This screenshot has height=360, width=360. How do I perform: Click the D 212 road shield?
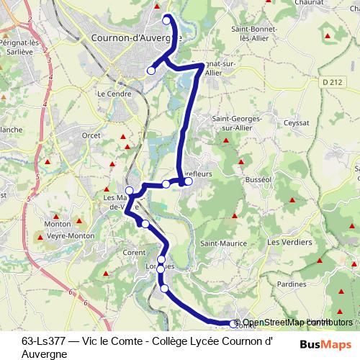pos(332,82)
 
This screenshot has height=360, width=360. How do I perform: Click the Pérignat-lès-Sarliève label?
pos(21,48)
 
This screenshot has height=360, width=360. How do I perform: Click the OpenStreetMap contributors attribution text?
pos(297,323)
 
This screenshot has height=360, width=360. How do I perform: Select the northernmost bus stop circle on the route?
pos(167,19)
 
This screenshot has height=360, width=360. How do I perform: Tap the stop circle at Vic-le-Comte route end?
pos(232,325)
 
